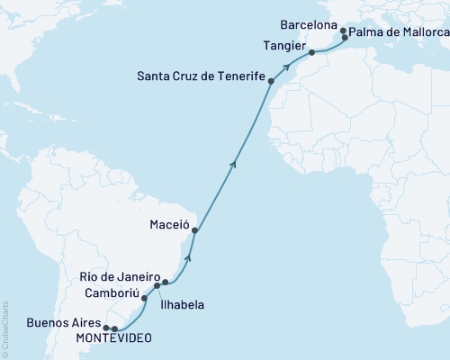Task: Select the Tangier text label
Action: coord(283,45)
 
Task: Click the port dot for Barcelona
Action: coord(342,31)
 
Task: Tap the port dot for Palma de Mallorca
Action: coord(346,38)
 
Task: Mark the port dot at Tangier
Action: coord(311,52)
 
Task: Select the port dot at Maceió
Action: coord(194,230)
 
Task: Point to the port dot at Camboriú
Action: coord(144,296)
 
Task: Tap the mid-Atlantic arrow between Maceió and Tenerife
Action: coord(234,163)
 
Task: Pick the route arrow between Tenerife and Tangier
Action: coord(286,65)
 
